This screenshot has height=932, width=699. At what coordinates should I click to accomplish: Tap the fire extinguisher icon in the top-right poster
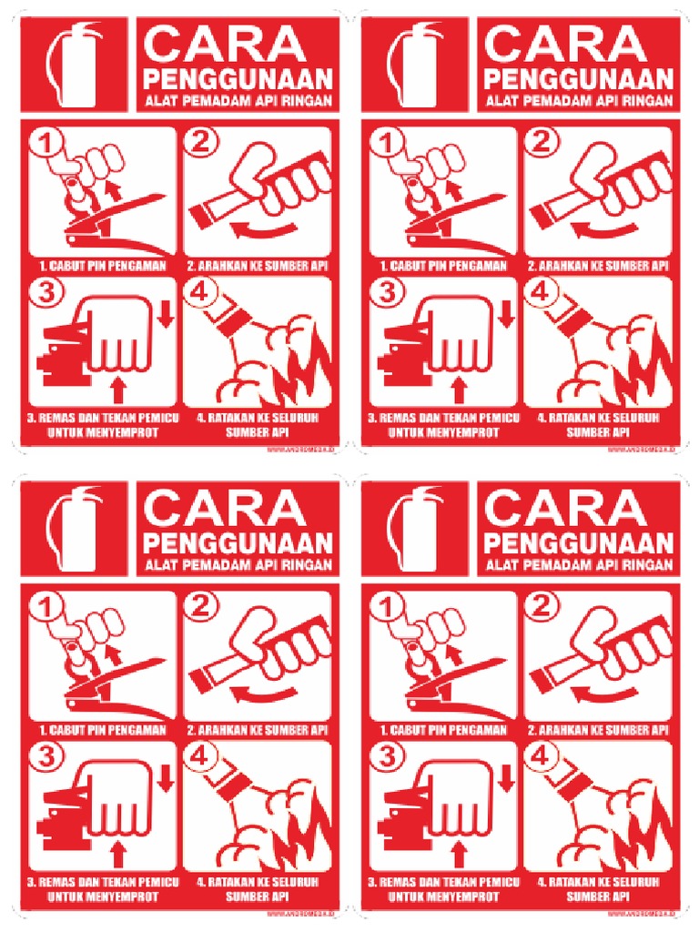click(414, 64)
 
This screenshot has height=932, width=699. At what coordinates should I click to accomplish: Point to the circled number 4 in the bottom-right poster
click(541, 756)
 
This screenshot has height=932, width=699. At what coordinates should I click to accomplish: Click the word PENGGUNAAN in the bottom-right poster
click(578, 543)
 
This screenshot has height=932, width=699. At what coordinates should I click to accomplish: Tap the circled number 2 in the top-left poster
click(202, 141)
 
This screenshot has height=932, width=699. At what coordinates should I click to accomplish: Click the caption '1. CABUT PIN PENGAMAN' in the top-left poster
click(97, 266)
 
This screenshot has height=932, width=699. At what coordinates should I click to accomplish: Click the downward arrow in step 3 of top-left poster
click(165, 314)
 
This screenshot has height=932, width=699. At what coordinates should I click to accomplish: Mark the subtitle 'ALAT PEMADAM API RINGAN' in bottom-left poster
click(238, 565)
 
